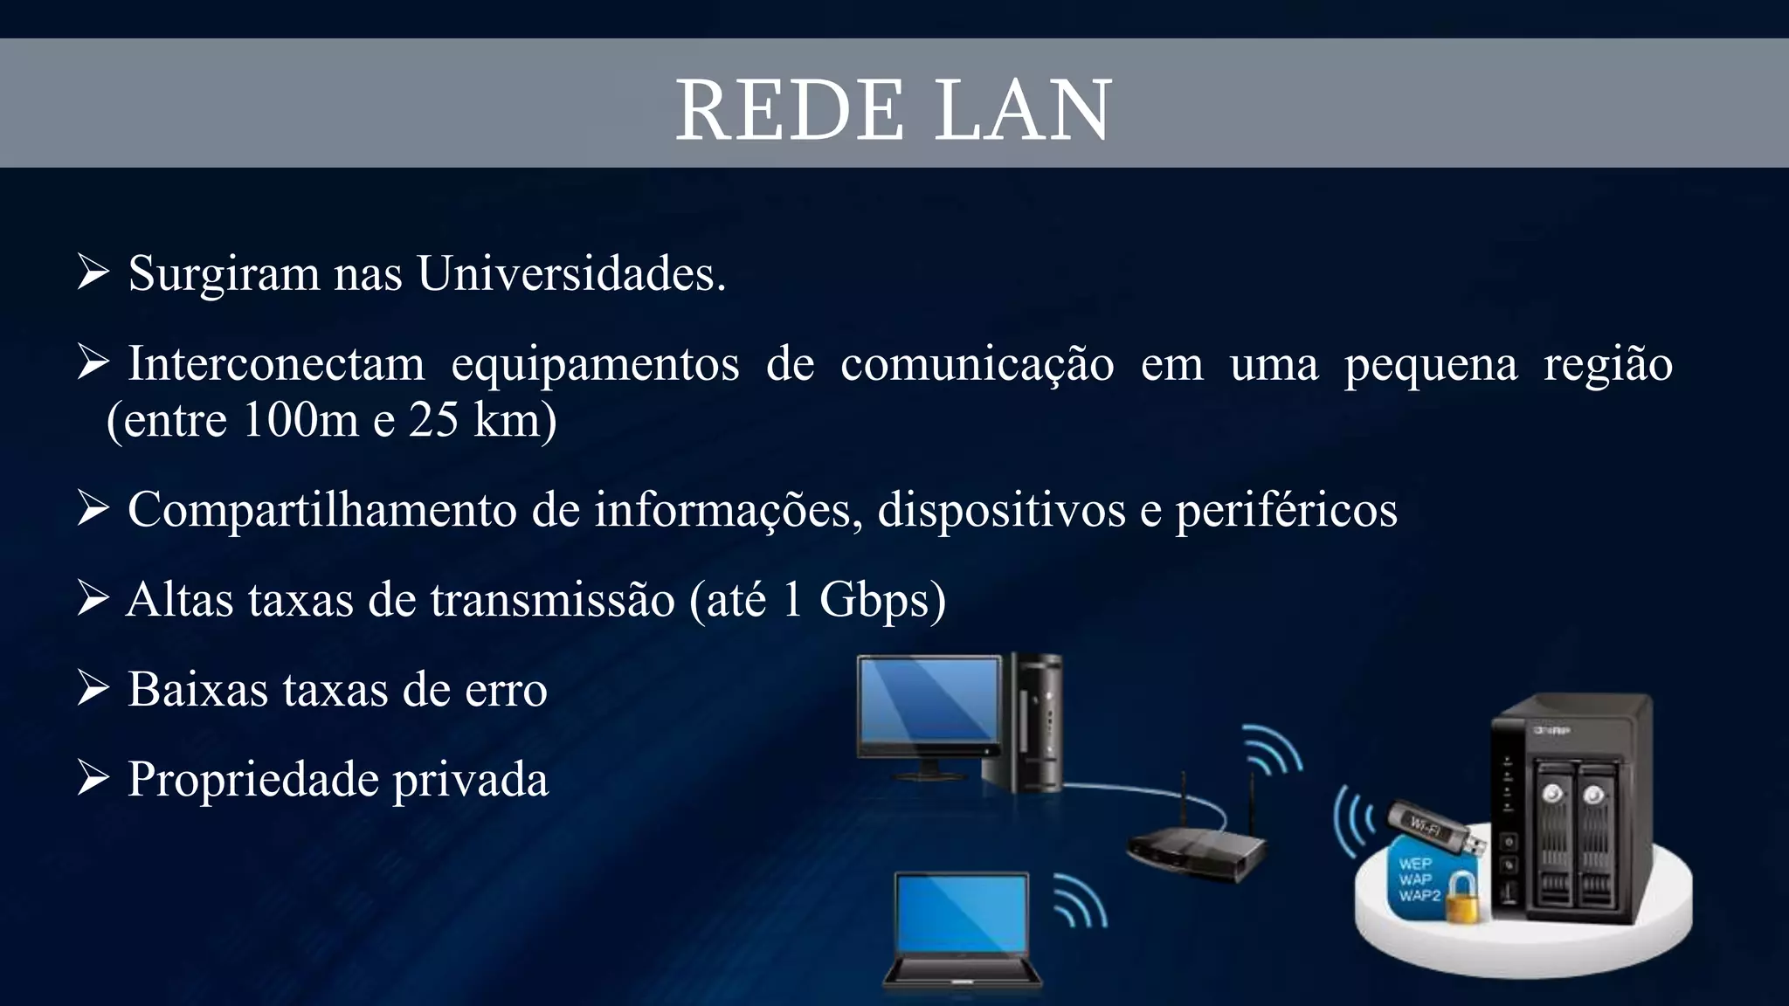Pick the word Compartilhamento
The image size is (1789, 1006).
[321, 509]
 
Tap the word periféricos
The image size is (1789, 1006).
[1286, 509]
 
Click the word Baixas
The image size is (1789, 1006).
[197, 689]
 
